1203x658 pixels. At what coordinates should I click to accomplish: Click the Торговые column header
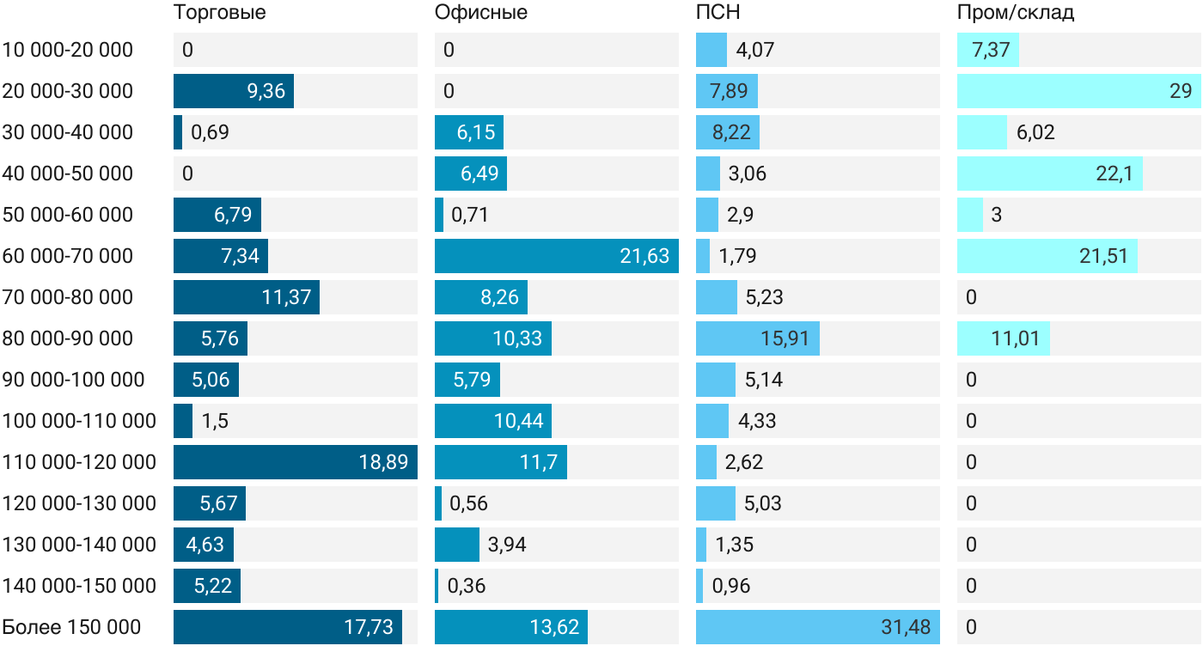220,12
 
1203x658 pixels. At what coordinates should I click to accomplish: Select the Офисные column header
480,12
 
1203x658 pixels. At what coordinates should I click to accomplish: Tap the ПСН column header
718,12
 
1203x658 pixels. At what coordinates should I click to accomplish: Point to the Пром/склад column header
1016,12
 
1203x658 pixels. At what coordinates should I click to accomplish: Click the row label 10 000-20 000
68,50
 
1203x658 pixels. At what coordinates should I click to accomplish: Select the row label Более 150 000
71,627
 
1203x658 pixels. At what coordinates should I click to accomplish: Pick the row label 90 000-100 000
74,380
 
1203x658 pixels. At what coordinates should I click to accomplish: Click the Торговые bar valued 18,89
296,462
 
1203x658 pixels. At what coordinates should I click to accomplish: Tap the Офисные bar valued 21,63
557,256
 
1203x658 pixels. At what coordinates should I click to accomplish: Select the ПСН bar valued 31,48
818,627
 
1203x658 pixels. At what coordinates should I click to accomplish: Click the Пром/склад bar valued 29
1079,91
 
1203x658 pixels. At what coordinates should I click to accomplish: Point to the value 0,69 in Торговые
210,132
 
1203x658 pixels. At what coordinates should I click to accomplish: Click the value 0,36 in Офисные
466,586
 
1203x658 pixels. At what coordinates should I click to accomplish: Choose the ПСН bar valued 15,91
758,338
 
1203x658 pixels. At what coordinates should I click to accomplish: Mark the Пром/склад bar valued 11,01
1004,338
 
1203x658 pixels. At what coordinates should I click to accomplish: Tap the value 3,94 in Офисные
507,545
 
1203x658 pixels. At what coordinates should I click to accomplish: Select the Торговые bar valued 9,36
234,91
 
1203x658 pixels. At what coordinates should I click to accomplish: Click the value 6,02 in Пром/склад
1035,132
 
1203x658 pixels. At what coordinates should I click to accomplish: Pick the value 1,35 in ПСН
734,545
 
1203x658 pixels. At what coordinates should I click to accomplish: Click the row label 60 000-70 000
68,256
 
